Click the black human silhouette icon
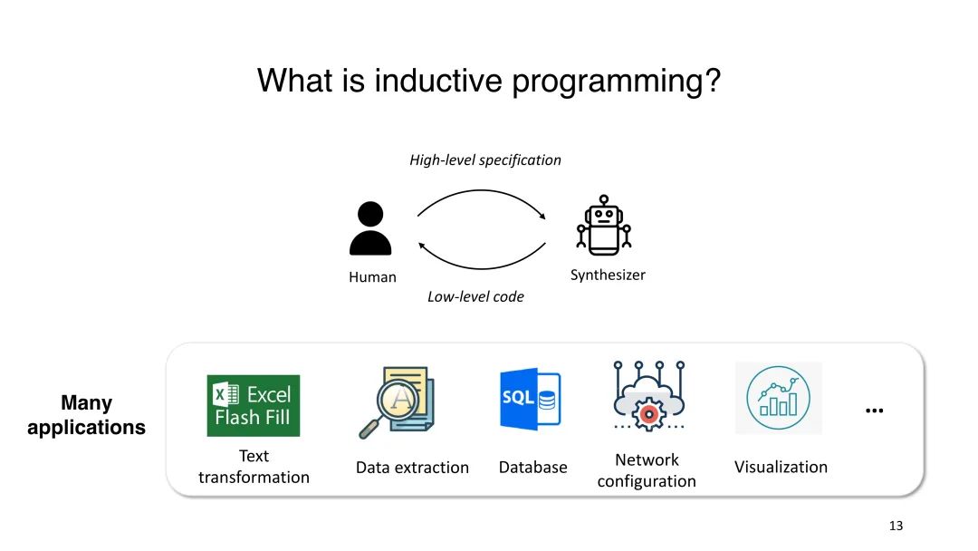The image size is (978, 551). [370, 228]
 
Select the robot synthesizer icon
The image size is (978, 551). [604, 226]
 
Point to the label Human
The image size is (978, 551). [372, 277]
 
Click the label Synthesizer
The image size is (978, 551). [608, 275]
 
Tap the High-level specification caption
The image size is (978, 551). [485, 160]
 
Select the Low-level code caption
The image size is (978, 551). [475, 297]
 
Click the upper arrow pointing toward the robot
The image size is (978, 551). [482, 191]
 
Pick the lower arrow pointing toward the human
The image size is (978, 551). [482, 268]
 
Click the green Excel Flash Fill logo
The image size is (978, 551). [254, 406]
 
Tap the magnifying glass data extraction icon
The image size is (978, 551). [398, 401]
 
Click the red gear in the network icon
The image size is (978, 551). [648, 414]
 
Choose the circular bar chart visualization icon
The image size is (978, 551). [779, 398]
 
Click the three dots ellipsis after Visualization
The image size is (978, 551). [875, 411]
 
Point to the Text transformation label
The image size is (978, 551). [254, 467]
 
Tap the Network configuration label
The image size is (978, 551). [647, 470]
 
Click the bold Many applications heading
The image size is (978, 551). [86, 415]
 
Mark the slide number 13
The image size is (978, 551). [896, 526]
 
